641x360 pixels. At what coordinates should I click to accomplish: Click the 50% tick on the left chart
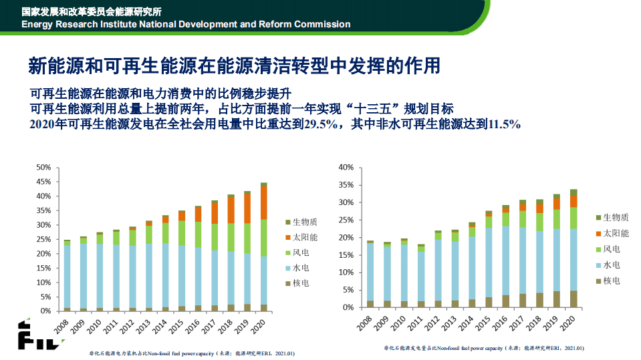[43, 167]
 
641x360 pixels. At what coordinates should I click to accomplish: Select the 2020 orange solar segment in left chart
[264, 202]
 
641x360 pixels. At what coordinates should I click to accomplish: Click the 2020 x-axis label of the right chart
[570, 324]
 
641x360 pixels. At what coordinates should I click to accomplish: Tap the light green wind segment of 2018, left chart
[231, 236]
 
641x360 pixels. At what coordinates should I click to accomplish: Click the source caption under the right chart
[483, 348]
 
